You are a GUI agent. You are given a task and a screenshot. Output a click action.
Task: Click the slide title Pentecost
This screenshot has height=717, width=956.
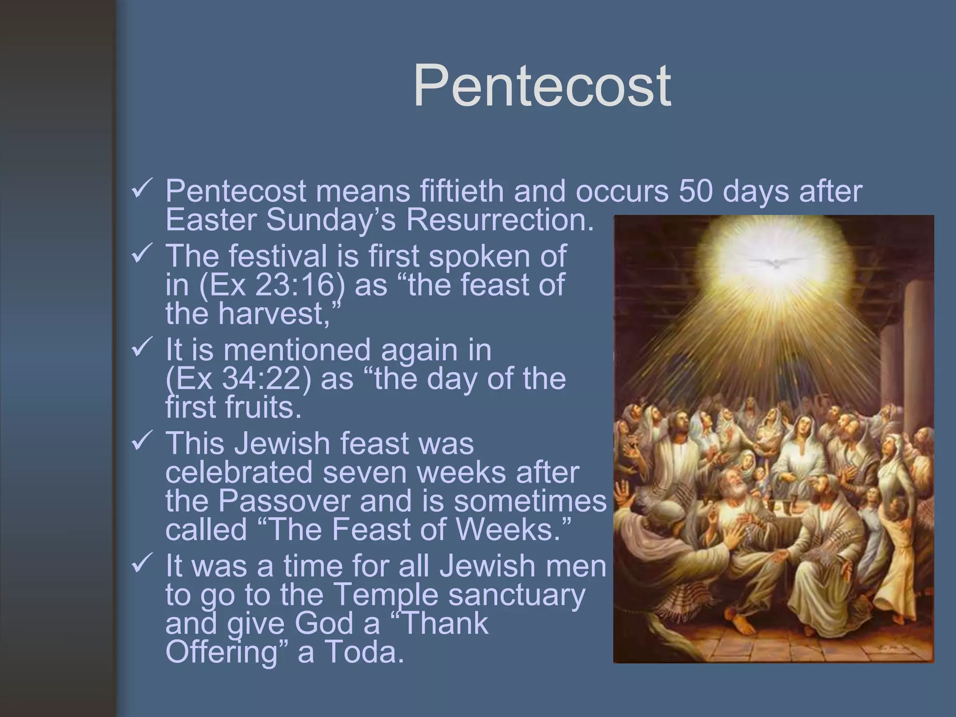click(542, 86)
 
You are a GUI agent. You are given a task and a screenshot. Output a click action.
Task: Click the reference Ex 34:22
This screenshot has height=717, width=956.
click(239, 379)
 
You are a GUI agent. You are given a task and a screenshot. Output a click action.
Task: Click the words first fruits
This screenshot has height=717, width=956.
click(233, 408)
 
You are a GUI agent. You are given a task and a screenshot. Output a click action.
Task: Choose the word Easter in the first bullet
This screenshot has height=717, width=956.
click(211, 220)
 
